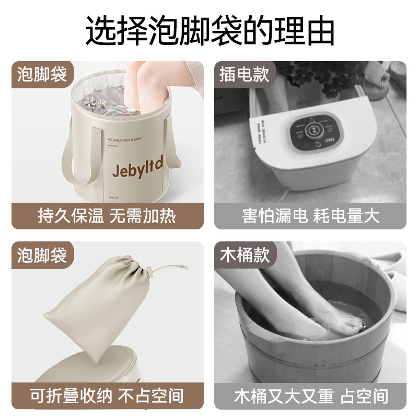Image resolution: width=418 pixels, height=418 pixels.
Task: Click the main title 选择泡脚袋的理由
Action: [x=209, y=30]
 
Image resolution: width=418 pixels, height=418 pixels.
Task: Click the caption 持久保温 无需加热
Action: [x=107, y=216]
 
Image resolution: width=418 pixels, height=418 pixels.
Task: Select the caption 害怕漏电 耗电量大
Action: [x=310, y=216]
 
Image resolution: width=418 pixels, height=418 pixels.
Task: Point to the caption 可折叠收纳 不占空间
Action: [x=107, y=396]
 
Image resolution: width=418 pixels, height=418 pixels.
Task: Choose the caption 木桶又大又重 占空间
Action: [x=310, y=396]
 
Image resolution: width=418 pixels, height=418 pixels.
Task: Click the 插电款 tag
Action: [x=244, y=74]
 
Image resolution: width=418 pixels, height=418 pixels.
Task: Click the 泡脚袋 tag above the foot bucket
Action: [x=42, y=74]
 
